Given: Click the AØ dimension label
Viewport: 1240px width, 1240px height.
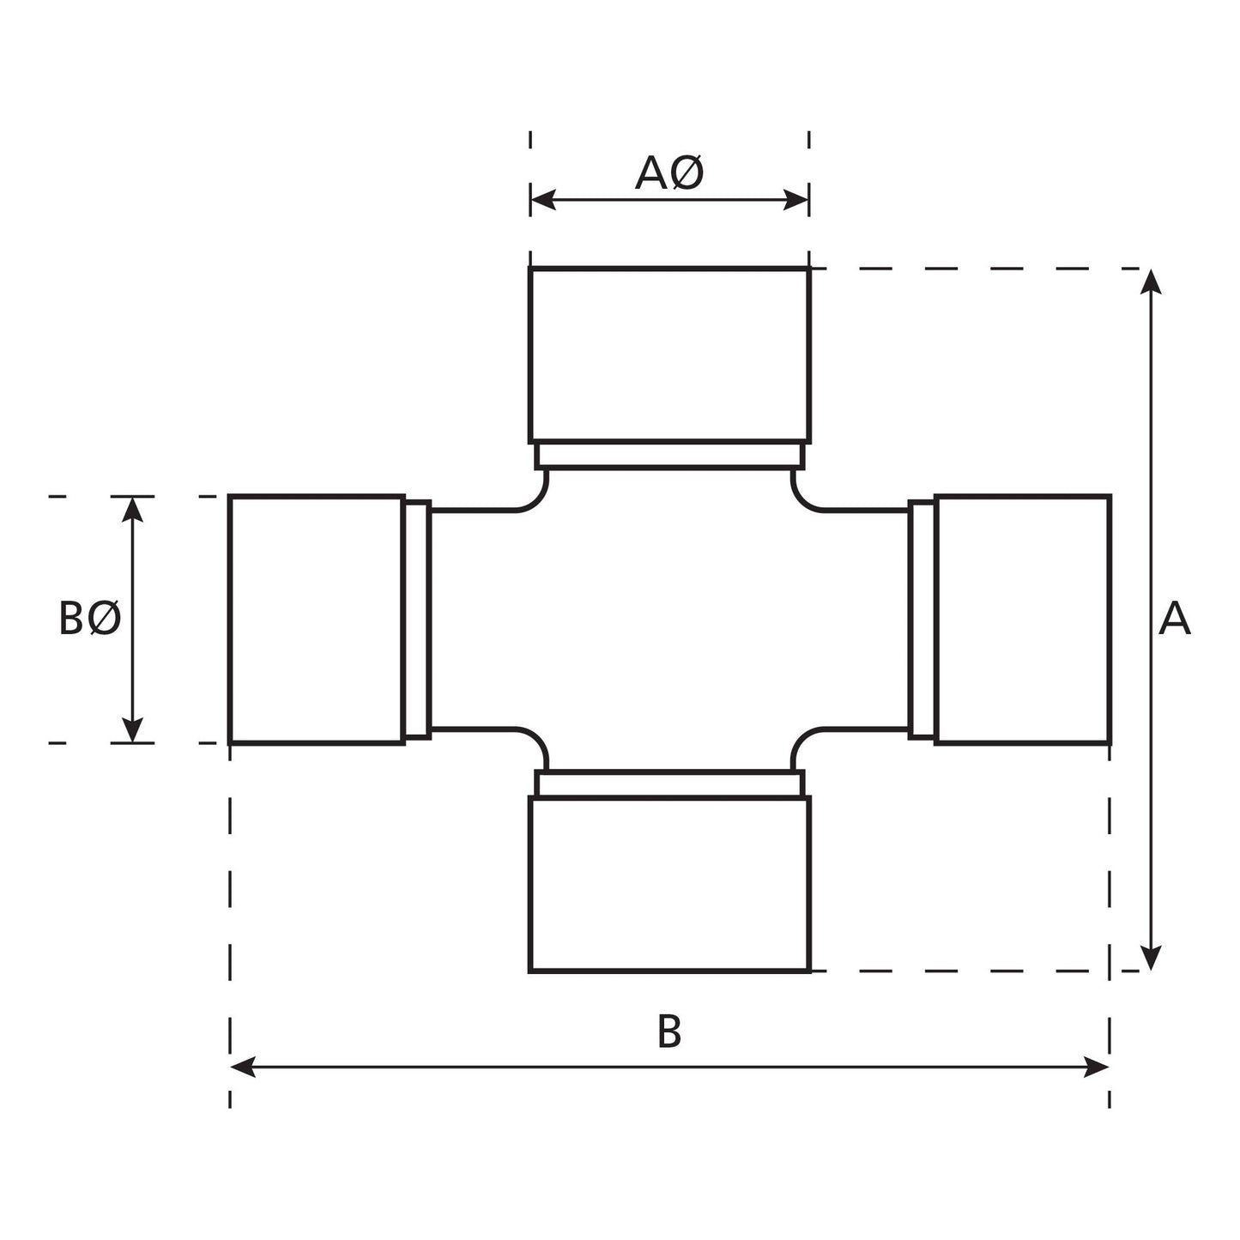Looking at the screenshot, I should [669, 173].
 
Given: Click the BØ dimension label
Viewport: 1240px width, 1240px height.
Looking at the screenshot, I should [90, 619].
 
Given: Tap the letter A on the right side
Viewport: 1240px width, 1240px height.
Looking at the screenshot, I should [1174, 619].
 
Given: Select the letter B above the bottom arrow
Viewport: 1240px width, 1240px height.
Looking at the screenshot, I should [669, 1031].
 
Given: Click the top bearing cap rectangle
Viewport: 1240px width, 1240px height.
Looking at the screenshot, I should [669, 354].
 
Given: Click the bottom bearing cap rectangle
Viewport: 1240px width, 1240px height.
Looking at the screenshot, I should [669, 884].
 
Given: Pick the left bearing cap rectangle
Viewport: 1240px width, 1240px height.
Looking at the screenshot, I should [317, 619].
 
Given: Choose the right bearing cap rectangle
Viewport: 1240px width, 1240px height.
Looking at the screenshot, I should [1023, 619].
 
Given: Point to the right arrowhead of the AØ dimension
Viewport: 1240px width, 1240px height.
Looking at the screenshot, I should [797, 201].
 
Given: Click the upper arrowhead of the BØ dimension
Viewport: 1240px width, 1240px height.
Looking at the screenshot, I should [132, 509].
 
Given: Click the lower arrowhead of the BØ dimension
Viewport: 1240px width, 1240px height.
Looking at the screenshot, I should [132, 730].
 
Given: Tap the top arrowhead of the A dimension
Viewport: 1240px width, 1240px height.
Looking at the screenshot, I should [1151, 281].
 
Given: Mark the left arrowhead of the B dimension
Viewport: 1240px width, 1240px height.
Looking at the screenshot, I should [243, 1068].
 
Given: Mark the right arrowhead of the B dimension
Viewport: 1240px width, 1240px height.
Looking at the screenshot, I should [1097, 1068].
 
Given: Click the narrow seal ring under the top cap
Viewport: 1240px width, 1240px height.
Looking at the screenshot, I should [669, 455].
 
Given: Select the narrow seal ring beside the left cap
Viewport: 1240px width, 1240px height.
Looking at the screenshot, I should [417, 619].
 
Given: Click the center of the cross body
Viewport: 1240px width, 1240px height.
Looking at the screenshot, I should [669, 619].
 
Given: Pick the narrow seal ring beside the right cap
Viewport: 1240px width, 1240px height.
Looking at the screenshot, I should [922, 619].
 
